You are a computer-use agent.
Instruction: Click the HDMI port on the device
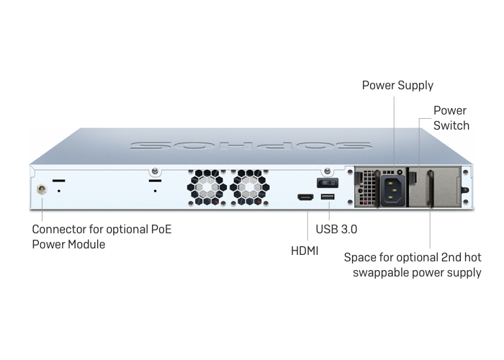point(305,197)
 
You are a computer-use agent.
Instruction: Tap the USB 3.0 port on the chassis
point(328,197)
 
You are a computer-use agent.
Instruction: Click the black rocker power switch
point(328,183)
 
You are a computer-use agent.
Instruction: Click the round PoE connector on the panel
point(42,189)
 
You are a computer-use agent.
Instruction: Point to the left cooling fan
point(207,187)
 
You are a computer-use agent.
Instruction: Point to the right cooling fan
point(249,187)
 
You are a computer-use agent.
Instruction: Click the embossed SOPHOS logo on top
point(251,145)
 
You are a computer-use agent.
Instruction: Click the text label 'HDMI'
point(305,251)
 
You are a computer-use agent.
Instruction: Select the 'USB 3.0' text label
point(336,229)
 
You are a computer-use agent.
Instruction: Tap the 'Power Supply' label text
point(397,85)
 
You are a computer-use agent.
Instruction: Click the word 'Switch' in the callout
point(451,125)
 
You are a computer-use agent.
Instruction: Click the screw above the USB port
point(328,171)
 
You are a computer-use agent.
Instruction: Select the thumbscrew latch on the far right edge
point(465,189)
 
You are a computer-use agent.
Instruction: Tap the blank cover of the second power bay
point(435,186)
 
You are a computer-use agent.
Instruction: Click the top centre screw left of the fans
point(155,171)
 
